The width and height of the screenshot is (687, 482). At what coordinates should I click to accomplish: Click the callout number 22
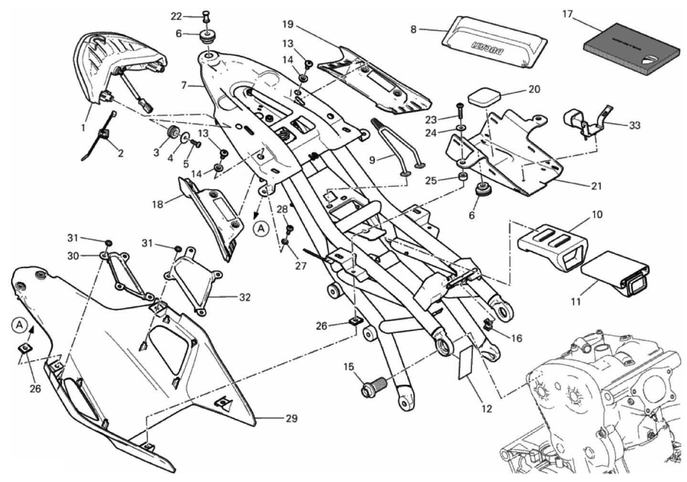[176, 16]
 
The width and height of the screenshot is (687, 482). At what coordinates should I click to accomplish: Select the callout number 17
[567, 14]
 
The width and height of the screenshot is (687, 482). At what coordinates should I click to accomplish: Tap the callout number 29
[291, 419]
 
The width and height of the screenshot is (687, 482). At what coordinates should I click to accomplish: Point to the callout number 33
[634, 126]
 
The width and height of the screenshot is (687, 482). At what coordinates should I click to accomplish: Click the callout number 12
[486, 408]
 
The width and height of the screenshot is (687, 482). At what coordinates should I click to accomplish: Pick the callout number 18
[157, 204]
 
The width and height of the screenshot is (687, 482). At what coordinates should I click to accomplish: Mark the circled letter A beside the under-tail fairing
[19, 325]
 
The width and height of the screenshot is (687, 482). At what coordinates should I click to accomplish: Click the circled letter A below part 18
[261, 229]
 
